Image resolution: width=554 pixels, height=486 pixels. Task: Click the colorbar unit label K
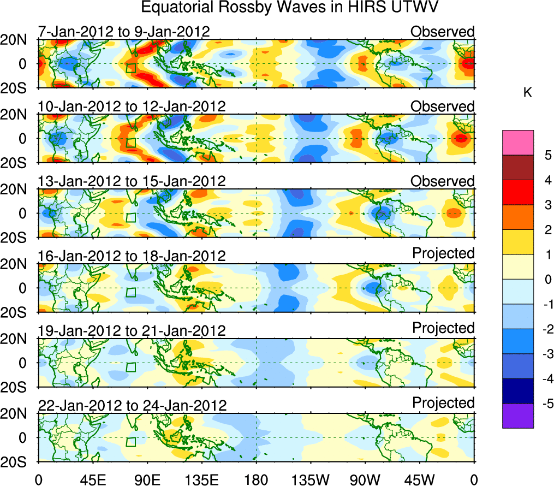pyautogui.click(x=527, y=93)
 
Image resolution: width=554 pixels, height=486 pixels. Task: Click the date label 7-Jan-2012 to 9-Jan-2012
pyautogui.click(x=123, y=32)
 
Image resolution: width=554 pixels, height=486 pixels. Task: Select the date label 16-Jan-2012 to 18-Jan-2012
pyautogui.click(x=132, y=256)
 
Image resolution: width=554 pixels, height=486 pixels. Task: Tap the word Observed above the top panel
pyautogui.click(x=442, y=32)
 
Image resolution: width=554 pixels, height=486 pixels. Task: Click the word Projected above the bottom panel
pyautogui.click(x=443, y=403)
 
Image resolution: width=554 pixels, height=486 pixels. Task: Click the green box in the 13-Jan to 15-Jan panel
pyautogui.click(x=130, y=217)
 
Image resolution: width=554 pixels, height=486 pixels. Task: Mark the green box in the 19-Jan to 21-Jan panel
pyautogui.click(x=130, y=367)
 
